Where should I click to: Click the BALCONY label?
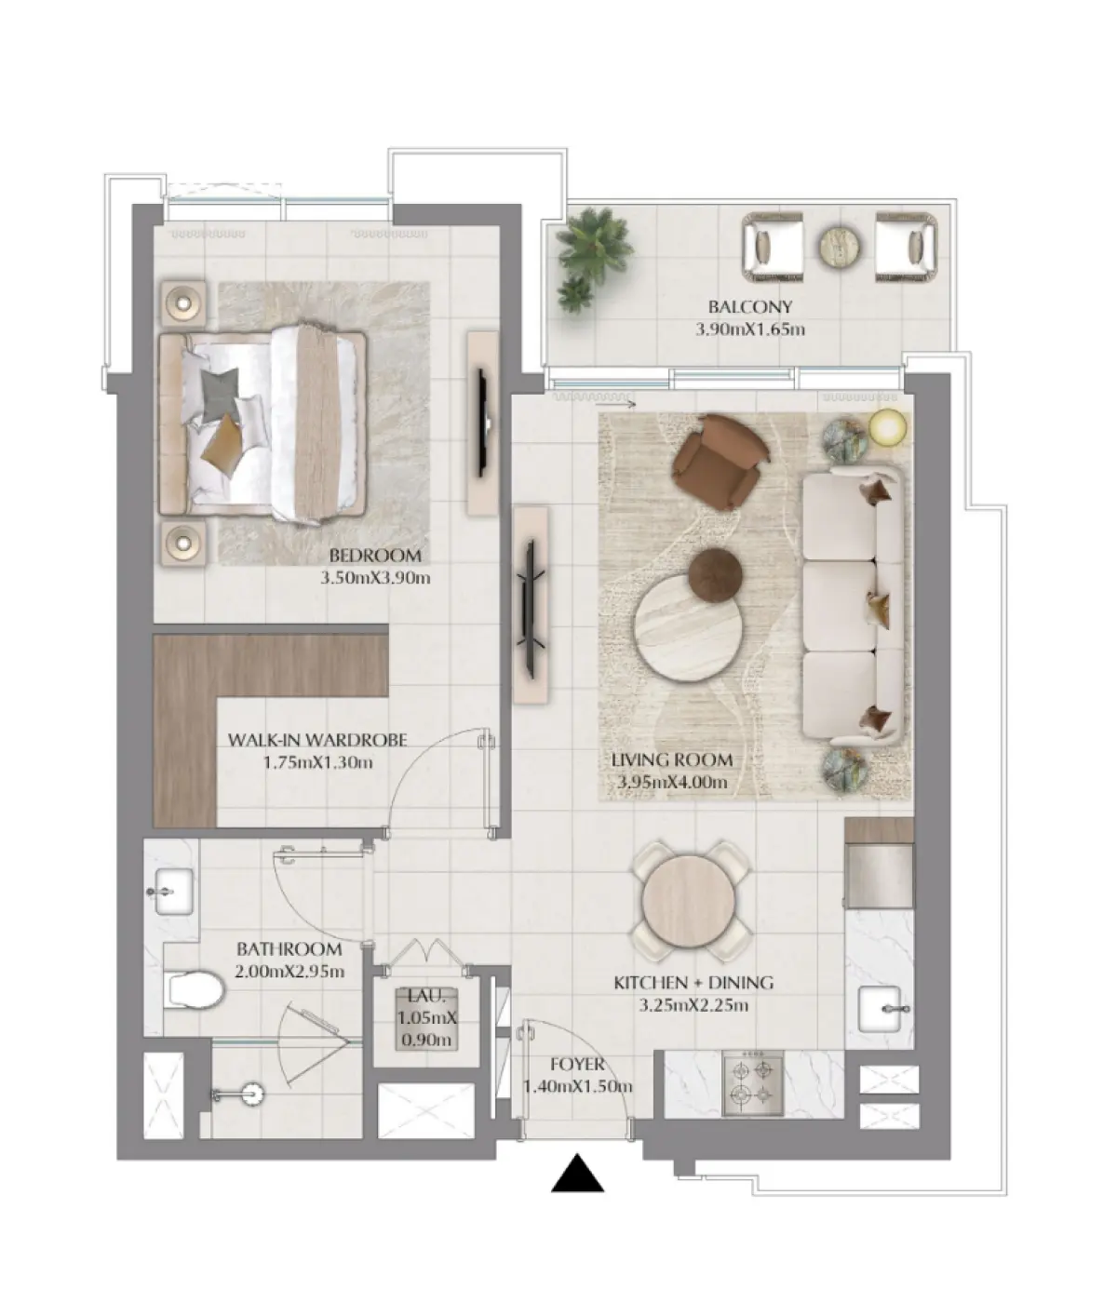tap(749, 307)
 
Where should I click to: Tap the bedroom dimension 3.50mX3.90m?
tap(375, 577)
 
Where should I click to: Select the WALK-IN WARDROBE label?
tap(317, 739)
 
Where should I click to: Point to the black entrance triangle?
tap(577, 1173)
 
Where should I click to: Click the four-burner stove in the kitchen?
tap(753, 1086)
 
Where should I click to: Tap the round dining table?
tap(689, 900)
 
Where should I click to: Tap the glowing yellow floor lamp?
tap(887, 428)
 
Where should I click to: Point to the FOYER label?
tap(577, 1064)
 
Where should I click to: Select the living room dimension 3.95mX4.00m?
tap(672, 783)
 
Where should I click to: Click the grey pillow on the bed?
tap(220, 393)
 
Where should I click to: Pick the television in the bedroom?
tap(482, 423)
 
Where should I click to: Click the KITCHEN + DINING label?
tap(693, 982)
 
